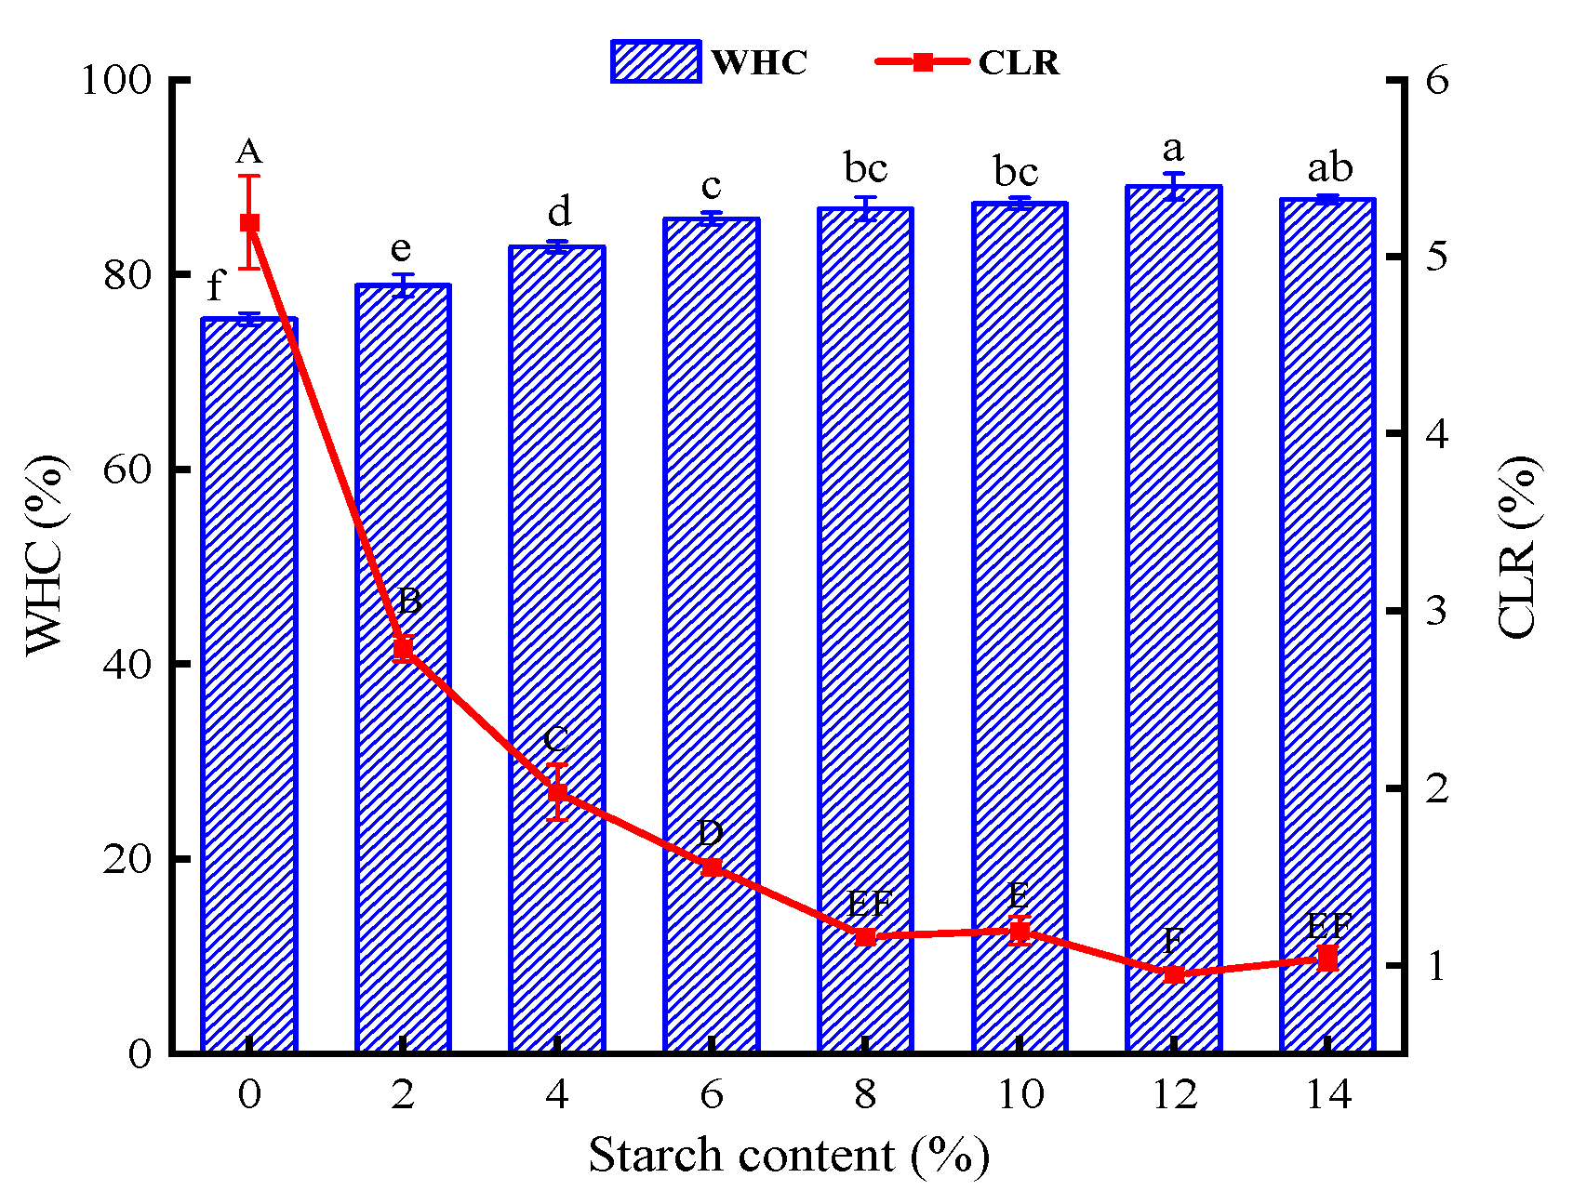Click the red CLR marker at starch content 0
249,222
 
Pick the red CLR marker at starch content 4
557,793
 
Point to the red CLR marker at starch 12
1174,974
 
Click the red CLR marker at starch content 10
1020,932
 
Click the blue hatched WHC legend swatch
656,62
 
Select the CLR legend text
1019,63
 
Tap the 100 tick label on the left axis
116,80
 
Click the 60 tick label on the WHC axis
127,470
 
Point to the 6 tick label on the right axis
1437,80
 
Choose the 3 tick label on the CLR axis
1437,611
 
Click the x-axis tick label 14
1328,1095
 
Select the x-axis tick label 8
865,1095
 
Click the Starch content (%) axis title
788,1156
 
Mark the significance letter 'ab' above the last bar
1330,168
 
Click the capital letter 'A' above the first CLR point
248,151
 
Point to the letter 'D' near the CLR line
711,832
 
